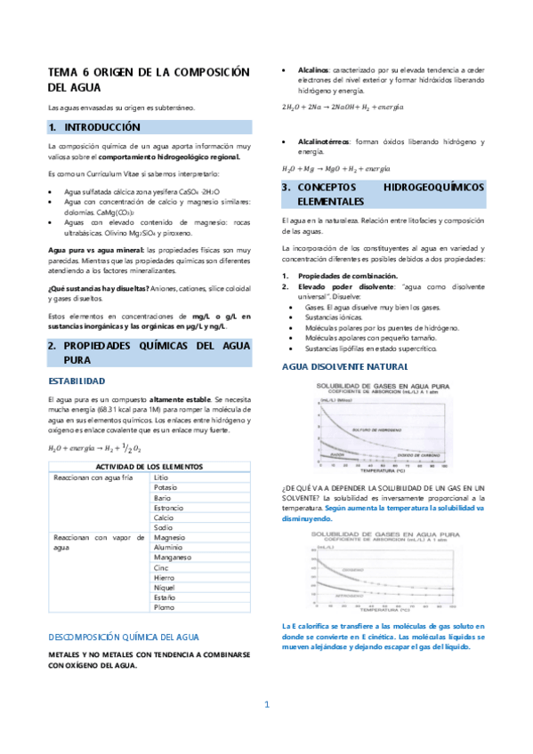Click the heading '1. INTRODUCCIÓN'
[x=101, y=127]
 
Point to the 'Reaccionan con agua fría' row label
[x=93, y=477]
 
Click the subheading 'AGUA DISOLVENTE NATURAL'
[x=344, y=366]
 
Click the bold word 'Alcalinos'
[x=311, y=69]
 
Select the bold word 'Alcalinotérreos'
[x=323, y=141]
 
